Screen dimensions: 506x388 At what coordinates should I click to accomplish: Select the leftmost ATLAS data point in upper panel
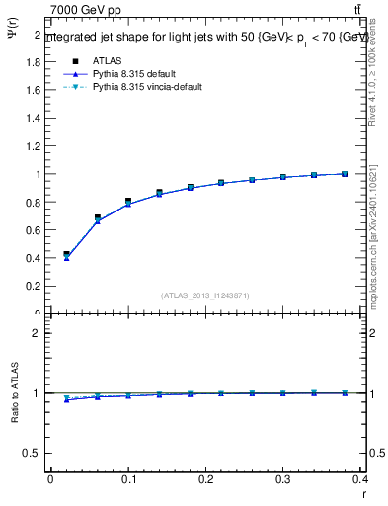[x=66, y=254]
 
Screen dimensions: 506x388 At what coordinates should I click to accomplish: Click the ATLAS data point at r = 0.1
[x=128, y=201]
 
